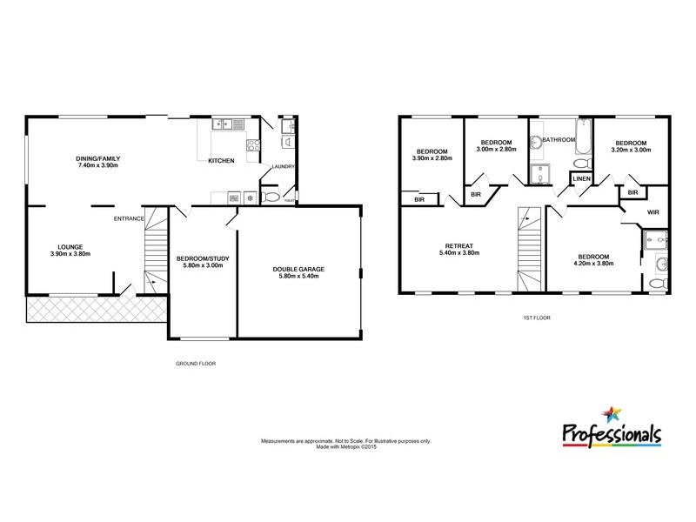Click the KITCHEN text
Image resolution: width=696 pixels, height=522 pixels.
(220, 160)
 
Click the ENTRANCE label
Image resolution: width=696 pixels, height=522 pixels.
(128, 219)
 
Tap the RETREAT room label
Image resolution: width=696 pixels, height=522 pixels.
(458, 245)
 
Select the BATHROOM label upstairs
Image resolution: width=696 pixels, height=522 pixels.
(559, 140)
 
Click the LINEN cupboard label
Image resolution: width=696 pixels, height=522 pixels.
(581, 179)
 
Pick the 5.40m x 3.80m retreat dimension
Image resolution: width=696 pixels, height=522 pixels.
(458, 253)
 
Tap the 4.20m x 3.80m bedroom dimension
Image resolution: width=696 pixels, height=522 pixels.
(593, 264)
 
